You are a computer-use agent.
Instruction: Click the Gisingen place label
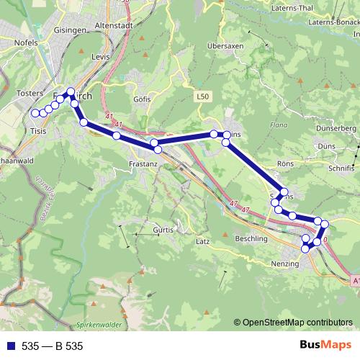pos(70,31)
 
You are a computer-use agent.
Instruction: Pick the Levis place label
pos(100,55)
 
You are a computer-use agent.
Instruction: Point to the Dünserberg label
pos(336,127)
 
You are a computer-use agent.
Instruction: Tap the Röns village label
pos(285,163)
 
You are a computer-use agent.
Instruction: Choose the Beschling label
pos(251,238)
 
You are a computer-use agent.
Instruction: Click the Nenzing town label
pos(284,264)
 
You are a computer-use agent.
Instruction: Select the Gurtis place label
pos(165,229)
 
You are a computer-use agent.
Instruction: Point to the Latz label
pos(203,241)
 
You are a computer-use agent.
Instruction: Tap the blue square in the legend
pos(10,346)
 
